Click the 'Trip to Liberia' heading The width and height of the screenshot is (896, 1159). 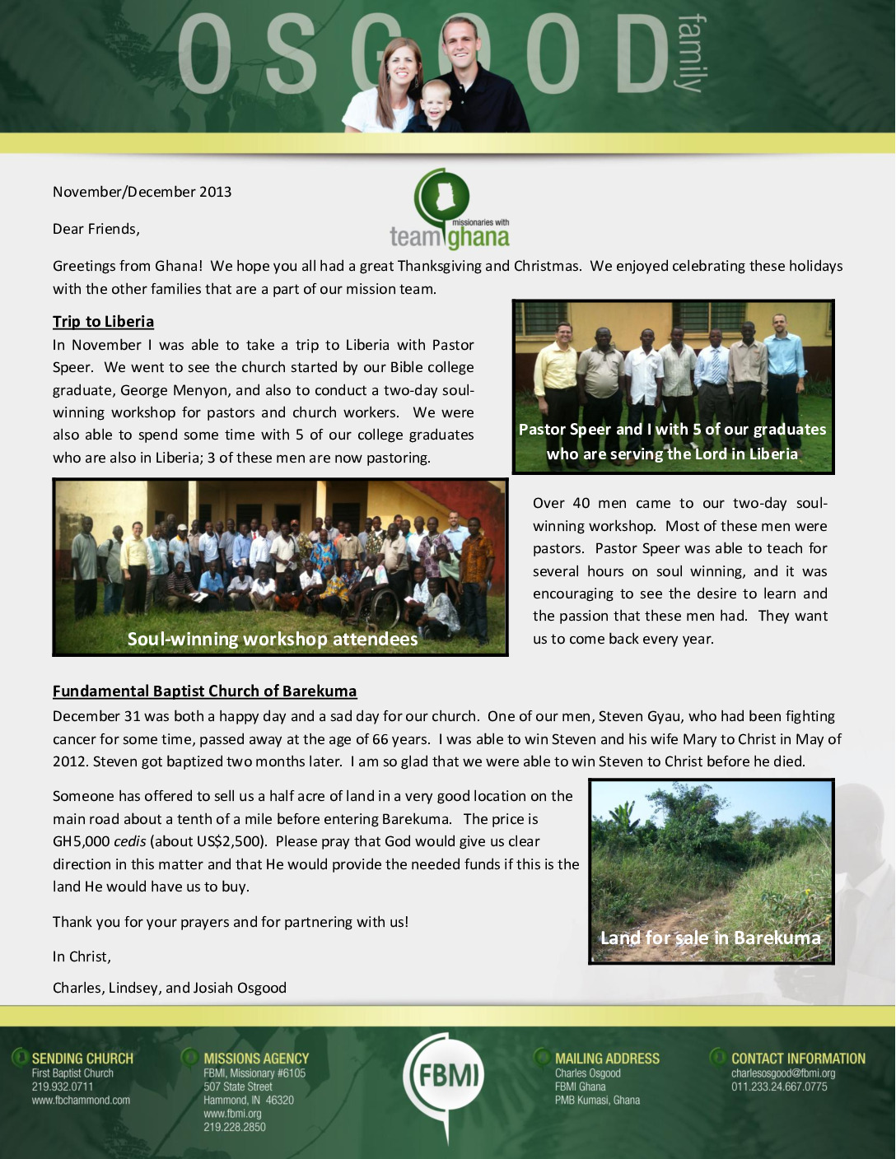pos(103,322)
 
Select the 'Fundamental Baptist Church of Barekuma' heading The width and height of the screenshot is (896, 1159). pos(204,691)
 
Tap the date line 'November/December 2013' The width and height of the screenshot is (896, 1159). pos(142,192)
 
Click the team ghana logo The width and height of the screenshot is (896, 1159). pos(450,211)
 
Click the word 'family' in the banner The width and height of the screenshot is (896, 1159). pos(690,54)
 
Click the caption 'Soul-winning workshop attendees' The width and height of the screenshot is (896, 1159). pos(273,640)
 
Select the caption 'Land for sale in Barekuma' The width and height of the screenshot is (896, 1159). pos(710,938)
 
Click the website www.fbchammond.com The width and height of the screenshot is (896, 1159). pos(81,1101)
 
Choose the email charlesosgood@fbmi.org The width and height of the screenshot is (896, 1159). pos(783,1073)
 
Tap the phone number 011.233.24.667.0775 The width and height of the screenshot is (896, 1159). pos(779,1087)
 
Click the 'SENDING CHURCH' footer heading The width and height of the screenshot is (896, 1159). pos(82,1059)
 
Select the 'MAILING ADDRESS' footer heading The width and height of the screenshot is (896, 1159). pos(607,1059)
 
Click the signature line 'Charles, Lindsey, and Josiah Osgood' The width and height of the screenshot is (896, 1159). pos(170,988)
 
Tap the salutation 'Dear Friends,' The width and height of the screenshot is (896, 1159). pos(96,229)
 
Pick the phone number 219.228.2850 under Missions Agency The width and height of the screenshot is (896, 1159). pos(235,1127)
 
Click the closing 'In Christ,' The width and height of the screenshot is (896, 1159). pos(82,957)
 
